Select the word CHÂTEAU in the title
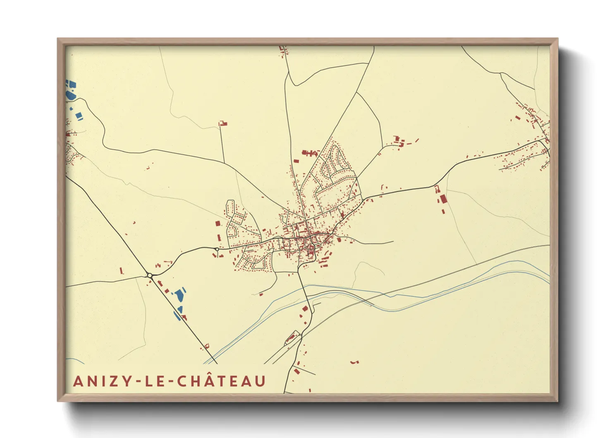pyautogui.click(x=222, y=381)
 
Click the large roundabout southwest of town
pyautogui.click(x=150, y=275)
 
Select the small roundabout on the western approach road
pyautogui.click(x=217, y=249)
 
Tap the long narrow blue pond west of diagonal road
pyautogui.click(x=177, y=316)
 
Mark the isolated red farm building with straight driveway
pyautogui.click(x=223, y=123)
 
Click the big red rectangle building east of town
pyautogui.click(x=443, y=199)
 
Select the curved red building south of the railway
pyautogui.click(x=354, y=362)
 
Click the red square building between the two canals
pyautogui.click(x=305, y=308)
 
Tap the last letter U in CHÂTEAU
pyautogui.click(x=260, y=381)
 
